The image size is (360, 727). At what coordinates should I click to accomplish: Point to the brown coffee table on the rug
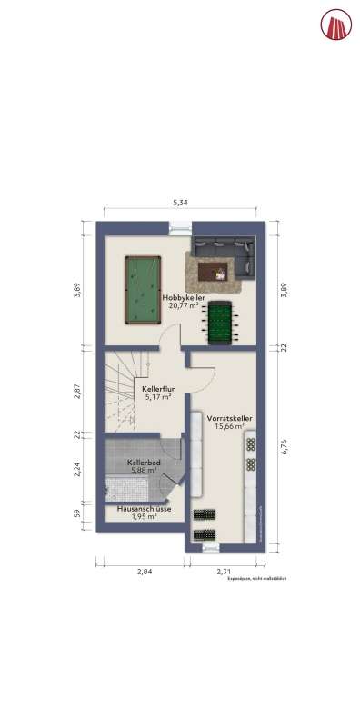pyautogui.click(x=218, y=269)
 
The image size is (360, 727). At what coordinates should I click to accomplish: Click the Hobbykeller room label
pyautogui.click(x=184, y=298)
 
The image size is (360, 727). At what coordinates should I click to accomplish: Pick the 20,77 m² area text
pyautogui.click(x=184, y=306)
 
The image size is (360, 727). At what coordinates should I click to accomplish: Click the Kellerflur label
pyautogui.click(x=159, y=388)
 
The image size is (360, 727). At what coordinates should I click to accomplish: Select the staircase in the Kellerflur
pyautogui.click(x=121, y=385)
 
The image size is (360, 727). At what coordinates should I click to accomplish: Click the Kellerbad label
pyautogui.click(x=144, y=462)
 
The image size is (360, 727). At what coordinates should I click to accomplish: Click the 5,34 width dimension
pyautogui.click(x=180, y=203)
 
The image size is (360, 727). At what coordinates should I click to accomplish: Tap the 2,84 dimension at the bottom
pyautogui.click(x=144, y=571)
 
